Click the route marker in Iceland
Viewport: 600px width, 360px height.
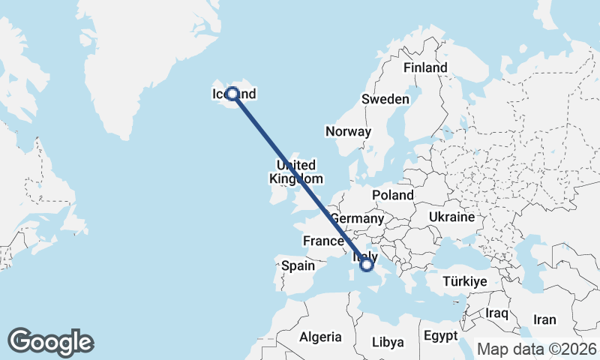tap(232, 94)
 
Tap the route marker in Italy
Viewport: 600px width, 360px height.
tap(367, 264)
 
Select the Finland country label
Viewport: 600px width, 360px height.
tap(425, 67)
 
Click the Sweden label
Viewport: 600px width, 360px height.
tap(385, 99)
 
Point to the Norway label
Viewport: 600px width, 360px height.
tap(348, 131)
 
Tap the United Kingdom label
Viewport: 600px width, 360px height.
tap(296, 172)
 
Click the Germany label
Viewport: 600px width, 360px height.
tap(357, 218)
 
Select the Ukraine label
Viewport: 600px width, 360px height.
tap(451, 217)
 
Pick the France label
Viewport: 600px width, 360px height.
tap(323, 241)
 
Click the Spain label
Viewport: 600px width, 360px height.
tap(298, 265)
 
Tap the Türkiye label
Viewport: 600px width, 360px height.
tap(465, 281)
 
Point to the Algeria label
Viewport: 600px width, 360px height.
tap(320, 337)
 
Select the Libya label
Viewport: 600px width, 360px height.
tap(388, 342)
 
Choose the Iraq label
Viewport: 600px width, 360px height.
tap(497, 312)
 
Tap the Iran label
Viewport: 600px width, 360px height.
tap(544, 319)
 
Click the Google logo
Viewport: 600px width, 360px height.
tap(50, 342)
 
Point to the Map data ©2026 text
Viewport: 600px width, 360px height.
tap(537, 349)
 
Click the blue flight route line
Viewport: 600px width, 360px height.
tap(300, 179)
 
